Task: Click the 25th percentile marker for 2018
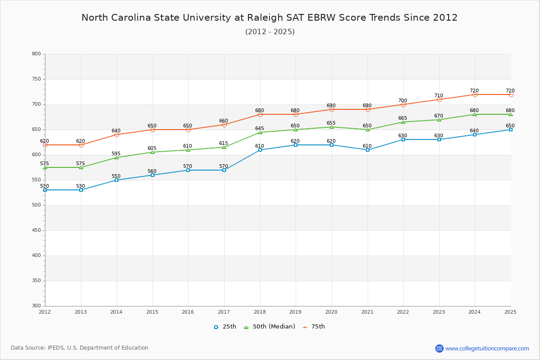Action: tap(260, 150)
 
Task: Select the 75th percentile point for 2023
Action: tap(439, 99)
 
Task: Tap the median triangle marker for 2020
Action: tap(332, 127)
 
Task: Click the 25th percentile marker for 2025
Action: tap(511, 130)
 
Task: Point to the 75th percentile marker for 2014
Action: tap(117, 135)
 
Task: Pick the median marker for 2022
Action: tap(403, 122)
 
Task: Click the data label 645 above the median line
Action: tap(260, 129)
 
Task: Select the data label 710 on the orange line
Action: tap(439, 96)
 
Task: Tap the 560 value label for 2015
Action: tap(152, 171)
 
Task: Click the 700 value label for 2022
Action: tap(403, 101)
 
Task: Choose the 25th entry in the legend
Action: tap(225, 327)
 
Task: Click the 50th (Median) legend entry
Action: tap(270, 327)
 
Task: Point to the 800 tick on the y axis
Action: tap(36, 54)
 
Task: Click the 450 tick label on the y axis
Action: tap(36, 230)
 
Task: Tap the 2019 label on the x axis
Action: tap(296, 312)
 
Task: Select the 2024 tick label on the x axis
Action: tap(475, 312)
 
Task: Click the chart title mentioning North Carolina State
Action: tap(270, 18)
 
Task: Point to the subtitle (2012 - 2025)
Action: tap(270, 32)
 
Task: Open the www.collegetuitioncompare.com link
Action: tap(487, 348)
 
